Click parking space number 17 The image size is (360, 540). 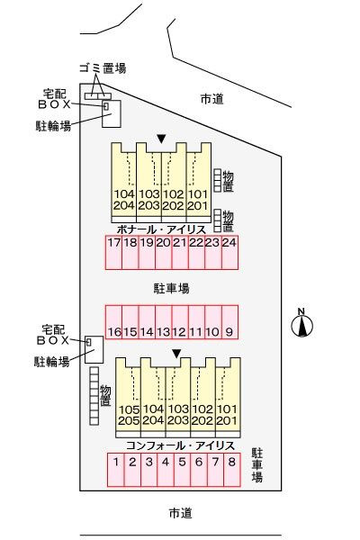click(114, 252)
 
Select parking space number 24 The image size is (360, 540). click(229, 252)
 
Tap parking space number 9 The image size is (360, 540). click(229, 322)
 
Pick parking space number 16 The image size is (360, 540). click(114, 322)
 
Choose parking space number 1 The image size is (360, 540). click(116, 470)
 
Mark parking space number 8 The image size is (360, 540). click(232, 470)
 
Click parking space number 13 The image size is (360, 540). click(164, 322)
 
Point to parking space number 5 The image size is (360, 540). click(182, 470)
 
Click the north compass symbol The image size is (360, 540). click(302, 324)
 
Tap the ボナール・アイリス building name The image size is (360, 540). click(161, 229)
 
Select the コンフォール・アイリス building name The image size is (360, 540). click(181, 445)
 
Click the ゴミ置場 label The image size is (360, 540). click(103, 68)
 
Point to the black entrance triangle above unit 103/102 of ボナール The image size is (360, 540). click(161, 139)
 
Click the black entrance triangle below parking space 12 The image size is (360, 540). click(176, 354)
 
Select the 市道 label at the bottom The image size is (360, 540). click(181, 513)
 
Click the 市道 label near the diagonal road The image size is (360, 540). click(211, 99)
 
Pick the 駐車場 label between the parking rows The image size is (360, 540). click(172, 288)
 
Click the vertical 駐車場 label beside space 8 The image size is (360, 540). click(257, 465)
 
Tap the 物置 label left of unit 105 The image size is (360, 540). click(105, 395)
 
